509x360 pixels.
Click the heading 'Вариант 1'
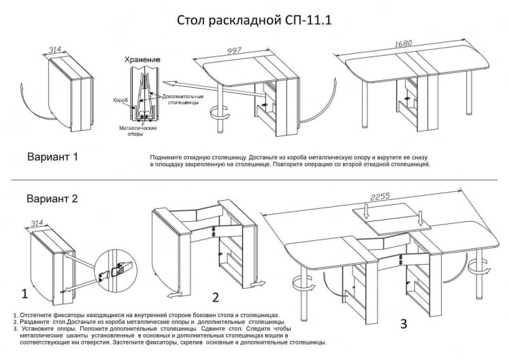[x=52, y=158]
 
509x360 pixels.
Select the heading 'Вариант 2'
[x=52, y=199]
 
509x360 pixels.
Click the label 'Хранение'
[x=143, y=60]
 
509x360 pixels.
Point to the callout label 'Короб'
[x=120, y=100]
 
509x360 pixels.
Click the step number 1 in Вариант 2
[x=24, y=294]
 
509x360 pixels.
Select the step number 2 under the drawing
[x=215, y=297]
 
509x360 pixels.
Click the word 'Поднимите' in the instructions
[x=166, y=157]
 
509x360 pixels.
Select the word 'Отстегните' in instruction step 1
[x=39, y=316]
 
